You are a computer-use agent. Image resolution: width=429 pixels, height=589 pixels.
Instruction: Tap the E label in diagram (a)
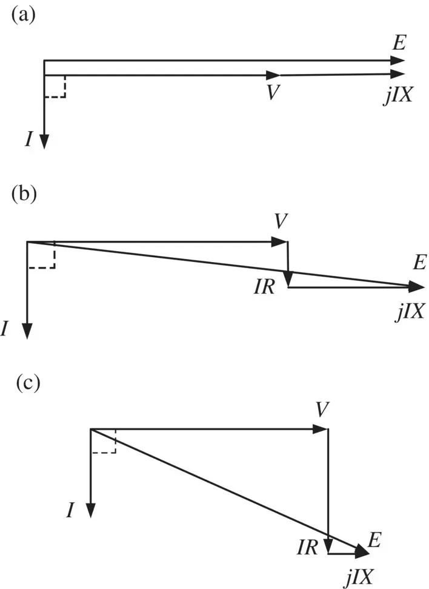click(x=399, y=43)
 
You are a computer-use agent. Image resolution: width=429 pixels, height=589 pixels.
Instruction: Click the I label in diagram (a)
click(x=29, y=140)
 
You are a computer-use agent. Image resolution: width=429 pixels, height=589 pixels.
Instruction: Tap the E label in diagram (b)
click(x=421, y=263)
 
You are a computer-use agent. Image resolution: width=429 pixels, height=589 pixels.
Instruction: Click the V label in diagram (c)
click(x=322, y=409)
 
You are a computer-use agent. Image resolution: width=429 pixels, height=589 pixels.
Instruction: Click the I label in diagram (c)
click(x=70, y=511)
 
